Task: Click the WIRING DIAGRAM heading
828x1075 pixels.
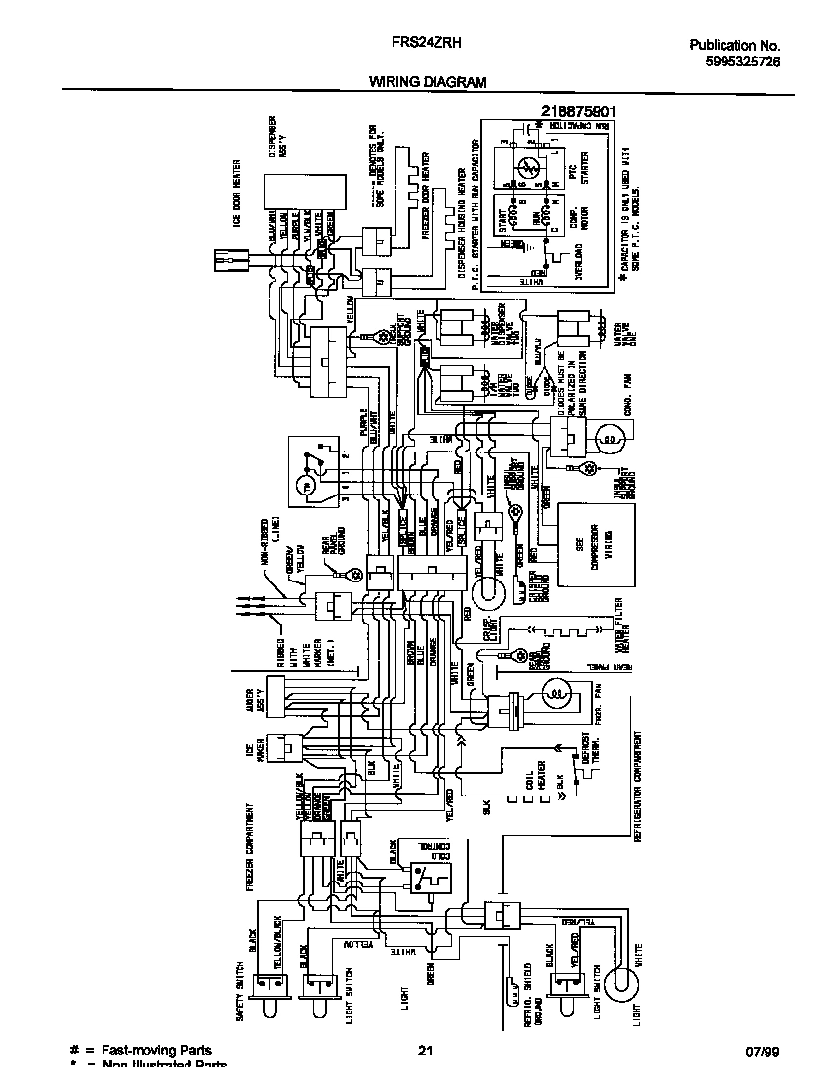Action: click(x=427, y=83)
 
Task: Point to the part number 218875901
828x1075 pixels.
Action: click(x=578, y=112)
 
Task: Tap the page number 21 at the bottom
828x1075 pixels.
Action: click(x=425, y=1051)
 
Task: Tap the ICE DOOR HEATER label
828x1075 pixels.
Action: click(x=237, y=193)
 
